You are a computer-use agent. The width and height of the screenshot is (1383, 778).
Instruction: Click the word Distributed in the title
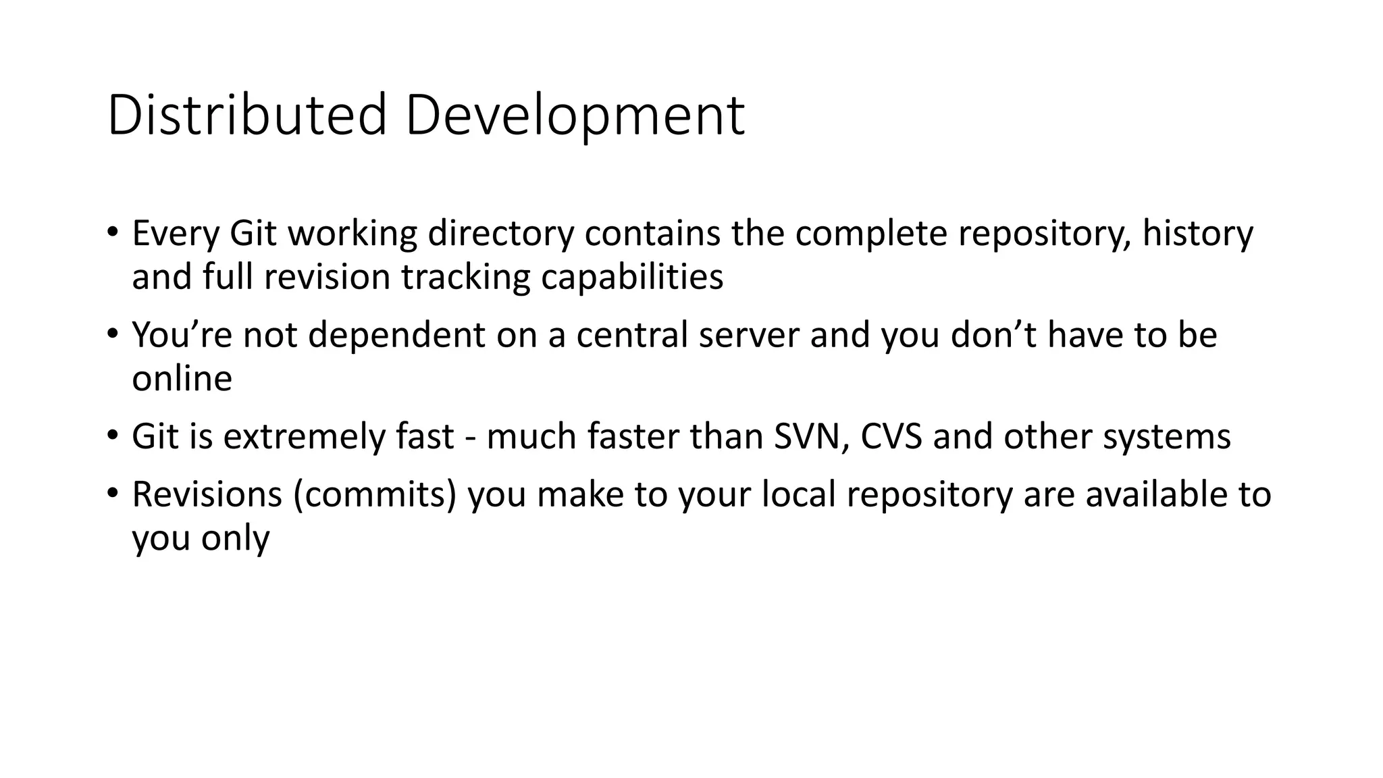246,115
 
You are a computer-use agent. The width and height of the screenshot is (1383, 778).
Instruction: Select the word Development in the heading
575,115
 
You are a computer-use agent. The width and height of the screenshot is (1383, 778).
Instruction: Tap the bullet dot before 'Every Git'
112,231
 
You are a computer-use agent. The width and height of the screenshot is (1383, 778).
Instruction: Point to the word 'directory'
500,234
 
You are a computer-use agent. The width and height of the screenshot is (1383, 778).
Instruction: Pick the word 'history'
1197,234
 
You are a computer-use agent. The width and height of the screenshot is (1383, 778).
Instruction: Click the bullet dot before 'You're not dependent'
112,333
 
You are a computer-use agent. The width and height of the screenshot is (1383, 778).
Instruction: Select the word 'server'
749,335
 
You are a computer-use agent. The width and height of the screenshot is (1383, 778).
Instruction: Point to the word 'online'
182,379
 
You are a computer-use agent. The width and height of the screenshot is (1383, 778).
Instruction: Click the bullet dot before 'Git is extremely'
112,434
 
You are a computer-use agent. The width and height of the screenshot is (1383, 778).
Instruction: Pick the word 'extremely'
304,437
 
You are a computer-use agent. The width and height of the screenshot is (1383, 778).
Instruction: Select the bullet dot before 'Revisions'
112,492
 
